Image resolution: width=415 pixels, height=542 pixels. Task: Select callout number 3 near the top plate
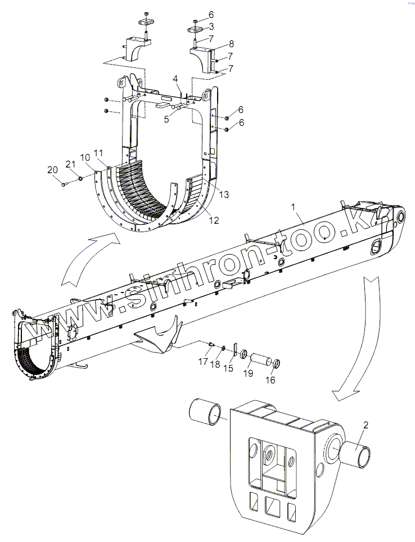point(211,26)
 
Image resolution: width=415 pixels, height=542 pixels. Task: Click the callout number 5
point(167,119)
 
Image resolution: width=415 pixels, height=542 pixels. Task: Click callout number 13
point(224,195)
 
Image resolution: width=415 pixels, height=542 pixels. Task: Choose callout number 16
point(270,380)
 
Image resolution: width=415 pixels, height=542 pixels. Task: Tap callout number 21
point(70,164)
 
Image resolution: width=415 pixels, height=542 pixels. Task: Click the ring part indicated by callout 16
point(276,364)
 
